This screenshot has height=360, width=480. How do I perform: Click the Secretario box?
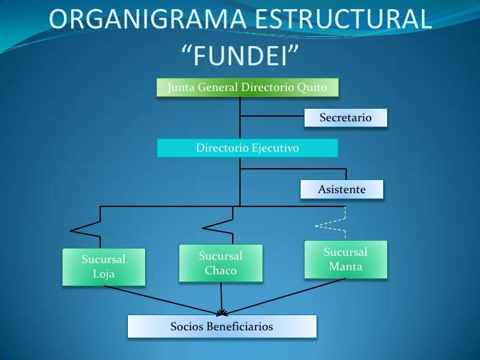[345, 118]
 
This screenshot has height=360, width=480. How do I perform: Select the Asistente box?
[342, 189]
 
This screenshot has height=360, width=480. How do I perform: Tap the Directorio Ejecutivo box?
[247, 148]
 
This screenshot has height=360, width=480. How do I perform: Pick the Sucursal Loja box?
[103, 266]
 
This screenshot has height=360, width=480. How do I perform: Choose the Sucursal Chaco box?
[221, 263]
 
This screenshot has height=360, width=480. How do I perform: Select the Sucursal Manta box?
[345, 260]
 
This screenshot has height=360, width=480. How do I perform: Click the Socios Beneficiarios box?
[222, 326]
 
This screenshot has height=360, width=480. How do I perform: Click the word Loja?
[104, 274]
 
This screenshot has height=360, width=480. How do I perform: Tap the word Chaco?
[221, 270]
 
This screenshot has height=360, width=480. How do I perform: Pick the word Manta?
[345, 267]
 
